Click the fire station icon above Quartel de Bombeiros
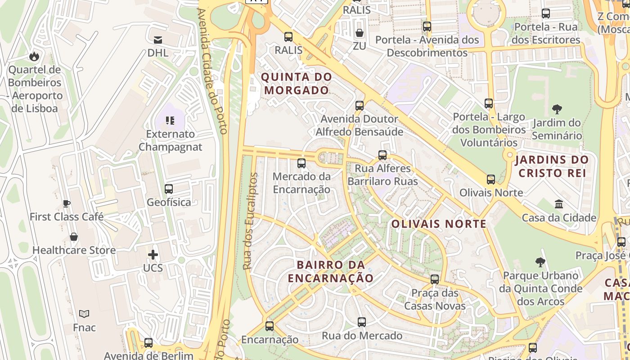click(34, 56)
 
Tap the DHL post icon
click(158, 40)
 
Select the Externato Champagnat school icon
click(170, 120)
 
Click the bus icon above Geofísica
click(169, 189)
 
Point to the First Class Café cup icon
click(67, 203)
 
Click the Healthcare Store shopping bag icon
click(74, 237)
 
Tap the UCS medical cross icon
click(153, 255)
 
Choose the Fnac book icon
click(84, 314)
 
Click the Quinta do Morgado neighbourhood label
click(297, 83)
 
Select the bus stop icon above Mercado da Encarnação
click(301, 163)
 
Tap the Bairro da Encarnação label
click(331, 271)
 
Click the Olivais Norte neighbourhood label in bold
click(439, 224)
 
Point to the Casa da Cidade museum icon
click(559, 204)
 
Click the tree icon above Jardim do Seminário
click(557, 109)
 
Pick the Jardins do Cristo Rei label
click(552, 166)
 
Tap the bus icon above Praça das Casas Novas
click(435, 279)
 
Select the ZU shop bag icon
click(359, 33)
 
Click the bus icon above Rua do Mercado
click(362, 322)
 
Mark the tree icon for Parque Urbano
click(540, 262)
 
